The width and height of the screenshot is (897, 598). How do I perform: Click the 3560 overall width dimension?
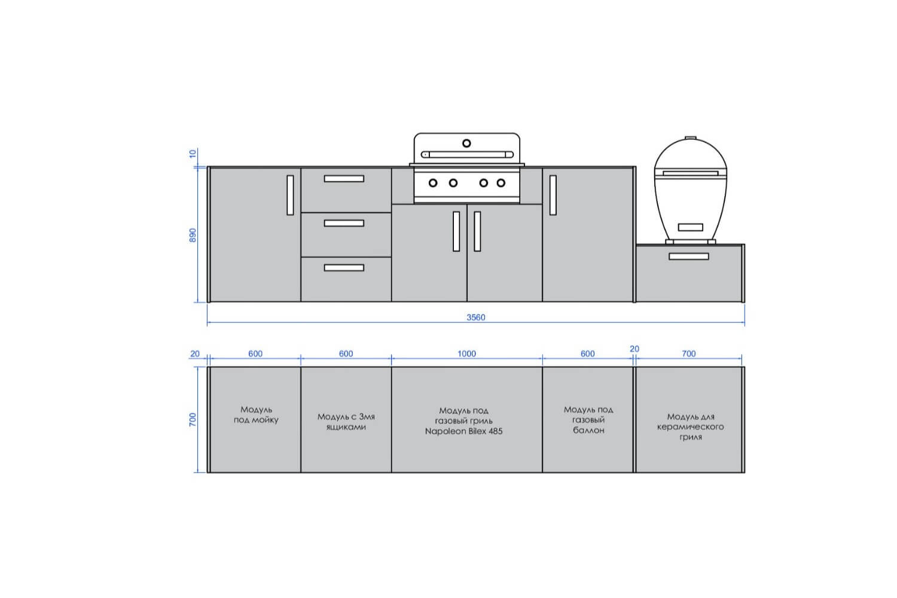(476, 318)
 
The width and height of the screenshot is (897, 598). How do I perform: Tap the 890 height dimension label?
(193, 235)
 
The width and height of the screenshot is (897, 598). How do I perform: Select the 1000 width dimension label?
(466, 353)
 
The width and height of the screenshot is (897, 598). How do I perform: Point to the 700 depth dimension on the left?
(193, 419)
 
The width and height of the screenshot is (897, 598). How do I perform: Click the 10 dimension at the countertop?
(193, 154)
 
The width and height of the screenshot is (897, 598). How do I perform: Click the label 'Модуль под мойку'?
(257, 414)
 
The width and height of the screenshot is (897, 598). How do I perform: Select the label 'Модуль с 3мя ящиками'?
(346, 422)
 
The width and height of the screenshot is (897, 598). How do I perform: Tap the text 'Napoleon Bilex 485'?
(463, 431)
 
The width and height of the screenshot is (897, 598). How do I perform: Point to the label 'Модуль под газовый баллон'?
(588, 420)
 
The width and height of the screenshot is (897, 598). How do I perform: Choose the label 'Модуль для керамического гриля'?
(690, 427)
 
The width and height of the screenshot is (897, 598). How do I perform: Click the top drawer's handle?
(344, 179)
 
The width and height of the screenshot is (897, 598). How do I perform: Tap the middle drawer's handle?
(344, 223)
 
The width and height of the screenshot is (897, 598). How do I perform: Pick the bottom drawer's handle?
(344, 267)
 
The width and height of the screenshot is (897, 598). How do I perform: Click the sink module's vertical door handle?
(290, 195)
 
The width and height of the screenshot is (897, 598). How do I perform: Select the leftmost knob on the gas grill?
(433, 183)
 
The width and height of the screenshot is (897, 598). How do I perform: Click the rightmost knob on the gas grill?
(501, 183)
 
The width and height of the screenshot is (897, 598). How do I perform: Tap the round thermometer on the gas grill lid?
(466, 143)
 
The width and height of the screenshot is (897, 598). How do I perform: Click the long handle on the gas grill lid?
(467, 155)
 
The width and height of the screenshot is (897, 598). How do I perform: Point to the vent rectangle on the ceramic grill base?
(690, 227)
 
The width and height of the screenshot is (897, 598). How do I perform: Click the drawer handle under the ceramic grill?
(689, 257)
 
